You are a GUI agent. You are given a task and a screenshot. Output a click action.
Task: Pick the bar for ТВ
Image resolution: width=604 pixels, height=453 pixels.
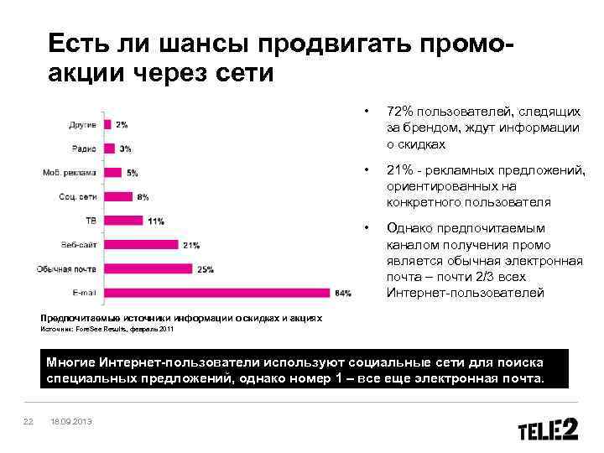pyautogui.click(x=123, y=221)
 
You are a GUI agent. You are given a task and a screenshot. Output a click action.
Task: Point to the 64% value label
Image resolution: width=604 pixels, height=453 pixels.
pyautogui.click(x=343, y=293)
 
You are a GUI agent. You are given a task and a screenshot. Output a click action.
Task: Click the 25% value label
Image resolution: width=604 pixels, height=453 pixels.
pyautogui.click(x=206, y=269)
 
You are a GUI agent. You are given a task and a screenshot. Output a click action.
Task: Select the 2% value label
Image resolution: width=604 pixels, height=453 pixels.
pyautogui.click(x=122, y=124)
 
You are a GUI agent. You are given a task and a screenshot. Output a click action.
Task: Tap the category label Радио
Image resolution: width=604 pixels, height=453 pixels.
pyautogui.click(x=83, y=148)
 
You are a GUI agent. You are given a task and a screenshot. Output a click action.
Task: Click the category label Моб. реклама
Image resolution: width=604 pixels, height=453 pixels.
pyautogui.click(x=69, y=173)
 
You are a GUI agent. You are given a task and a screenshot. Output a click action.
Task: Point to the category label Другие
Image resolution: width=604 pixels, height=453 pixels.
pyautogui.click(x=81, y=124)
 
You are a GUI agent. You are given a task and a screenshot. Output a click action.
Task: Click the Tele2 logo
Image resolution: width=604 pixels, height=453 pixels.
pyautogui.click(x=548, y=430)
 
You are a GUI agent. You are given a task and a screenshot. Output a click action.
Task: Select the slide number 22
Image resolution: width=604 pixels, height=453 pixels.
pyautogui.click(x=28, y=421)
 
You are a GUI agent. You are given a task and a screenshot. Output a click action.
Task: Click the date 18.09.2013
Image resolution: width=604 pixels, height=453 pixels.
pyautogui.click(x=71, y=421)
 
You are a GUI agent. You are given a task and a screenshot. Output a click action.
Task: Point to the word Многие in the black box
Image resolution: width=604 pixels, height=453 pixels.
pyautogui.click(x=70, y=362)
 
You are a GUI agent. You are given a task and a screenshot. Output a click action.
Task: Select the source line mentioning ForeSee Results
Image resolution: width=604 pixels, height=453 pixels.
pyautogui.click(x=108, y=330)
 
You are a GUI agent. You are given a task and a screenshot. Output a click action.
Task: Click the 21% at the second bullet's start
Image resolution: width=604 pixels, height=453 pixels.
pyautogui.click(x=399, y=170)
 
